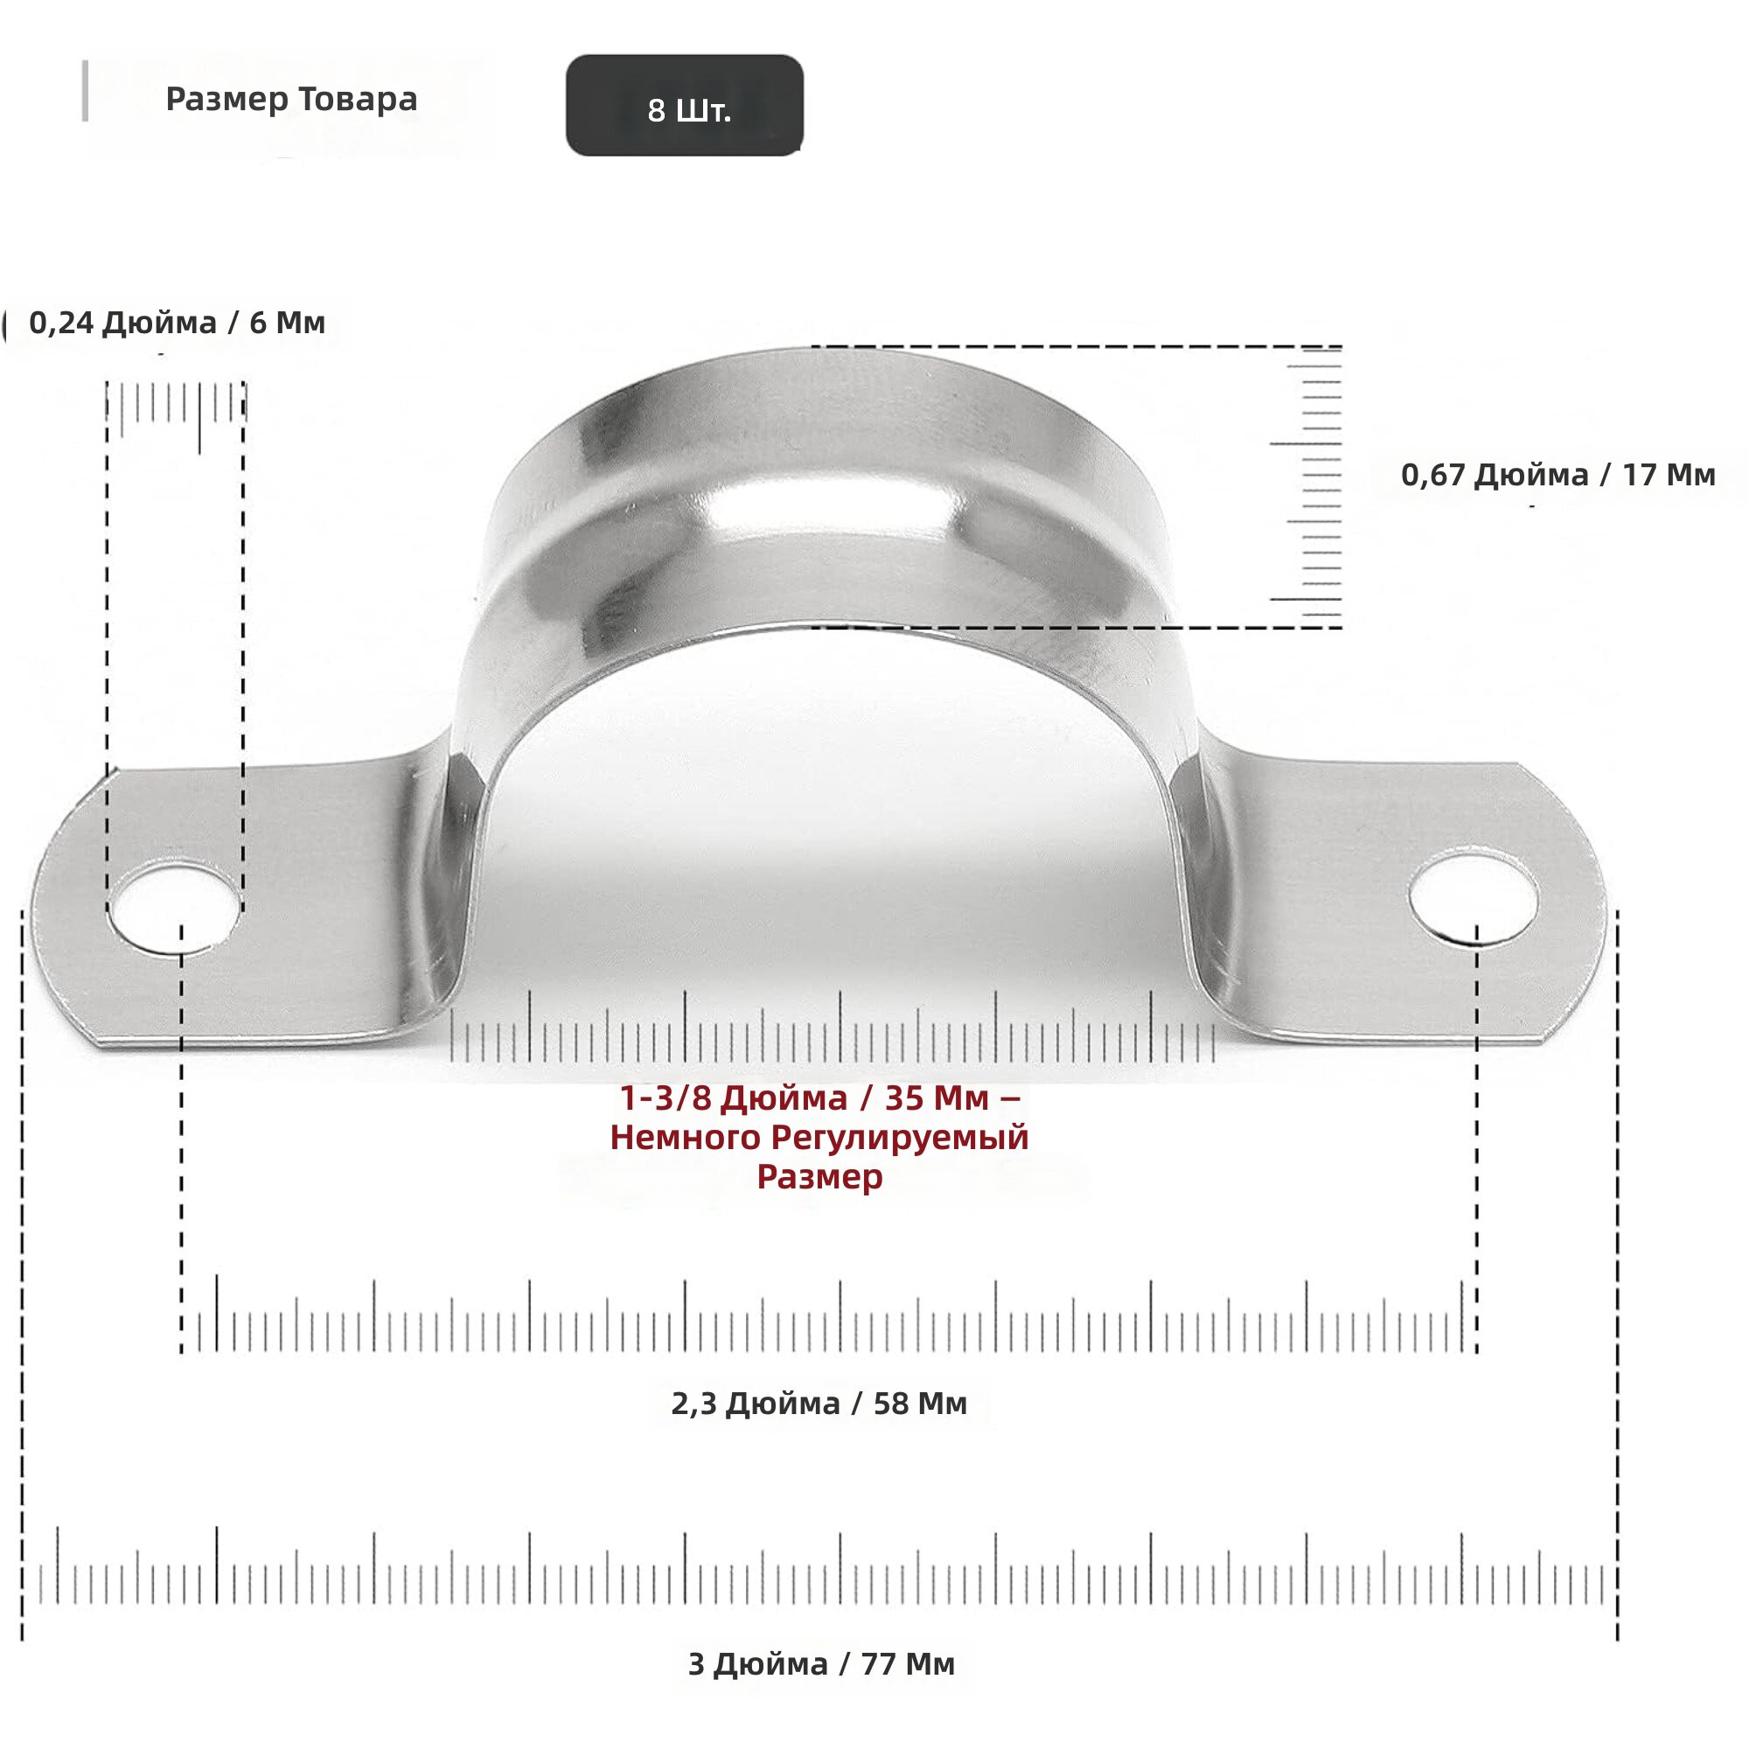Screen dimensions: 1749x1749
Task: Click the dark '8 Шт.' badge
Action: (685, 105)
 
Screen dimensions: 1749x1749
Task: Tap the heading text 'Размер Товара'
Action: (291, 99)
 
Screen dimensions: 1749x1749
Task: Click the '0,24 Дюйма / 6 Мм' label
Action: (178, 323)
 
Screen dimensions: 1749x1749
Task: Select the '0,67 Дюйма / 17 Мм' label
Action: (1558, 474)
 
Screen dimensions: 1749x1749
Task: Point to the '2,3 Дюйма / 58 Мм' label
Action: (819, 1404)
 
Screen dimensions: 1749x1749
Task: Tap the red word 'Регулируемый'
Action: (900, 1138)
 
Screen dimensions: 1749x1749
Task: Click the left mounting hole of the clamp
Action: (174, 908)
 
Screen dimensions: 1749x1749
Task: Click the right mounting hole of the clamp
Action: (1473, 898)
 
